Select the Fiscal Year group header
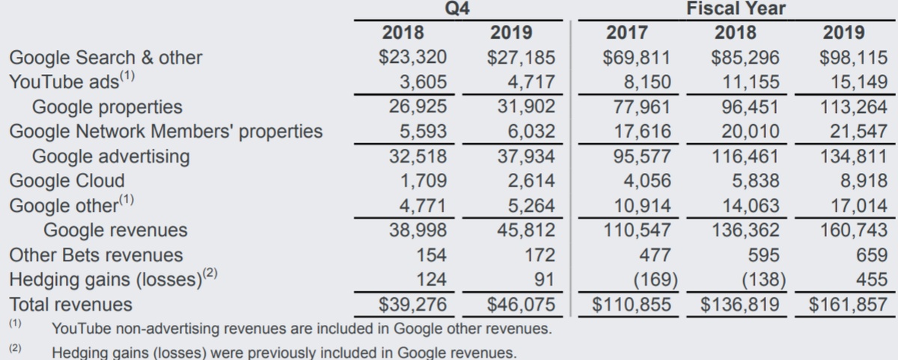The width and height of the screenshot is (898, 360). point(736,9)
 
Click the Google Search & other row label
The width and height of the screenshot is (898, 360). point(106,58)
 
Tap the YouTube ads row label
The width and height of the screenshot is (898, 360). point(72,82)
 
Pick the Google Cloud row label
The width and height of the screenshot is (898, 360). point(67,181)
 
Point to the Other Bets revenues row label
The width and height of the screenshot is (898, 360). point(96,255)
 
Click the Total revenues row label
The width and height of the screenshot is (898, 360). point(70,305)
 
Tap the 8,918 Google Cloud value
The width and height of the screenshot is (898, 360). point(861,181)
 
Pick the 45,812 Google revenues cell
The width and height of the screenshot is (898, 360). point(527,231)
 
